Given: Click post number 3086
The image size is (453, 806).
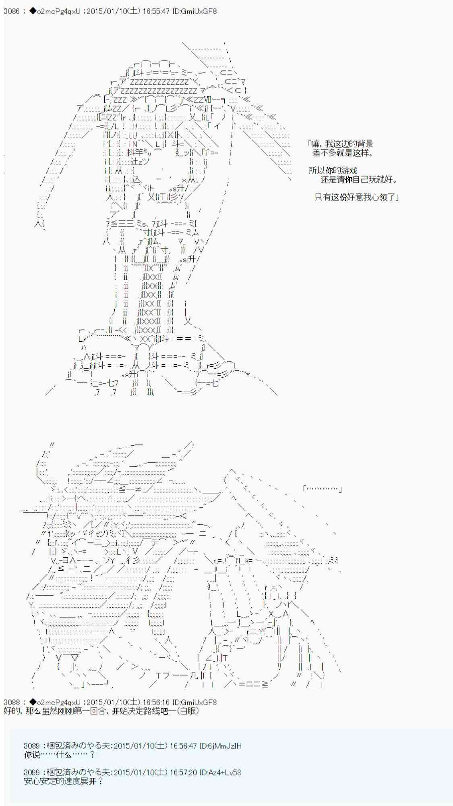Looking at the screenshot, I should pyautogui.click(x=12, y=11).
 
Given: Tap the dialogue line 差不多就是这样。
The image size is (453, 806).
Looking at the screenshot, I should pyautogui.click(x=343, y=153).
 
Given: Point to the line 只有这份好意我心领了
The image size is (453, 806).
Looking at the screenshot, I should pyautogui.click(x=356, y=197).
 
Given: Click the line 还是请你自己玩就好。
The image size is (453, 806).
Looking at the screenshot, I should pyautogui.click(x=359, y=179).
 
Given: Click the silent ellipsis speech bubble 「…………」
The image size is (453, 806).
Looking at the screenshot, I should pyautogui.click(x=323, y=489).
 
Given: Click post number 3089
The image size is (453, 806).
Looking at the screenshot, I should pyautogui.click(x=32, y=746).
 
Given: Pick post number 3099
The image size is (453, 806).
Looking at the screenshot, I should pyautogui.click(x=32, y=773).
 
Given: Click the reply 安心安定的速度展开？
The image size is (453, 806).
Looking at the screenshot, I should pyautogui.click(x=64, y=781).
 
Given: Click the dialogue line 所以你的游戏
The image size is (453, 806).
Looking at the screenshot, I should pyautogui.click(x=333, y=170).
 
